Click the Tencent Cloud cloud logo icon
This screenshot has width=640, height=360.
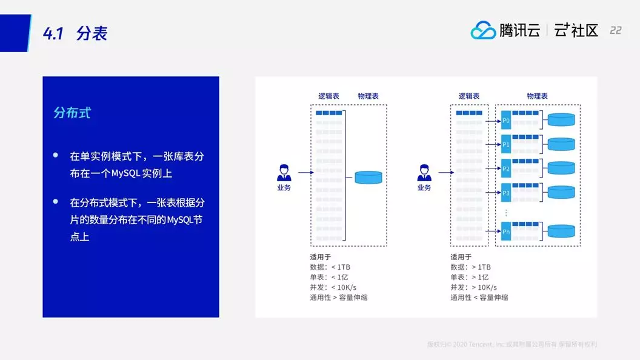pos(483,30)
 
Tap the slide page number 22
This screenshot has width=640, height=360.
pos(615,30)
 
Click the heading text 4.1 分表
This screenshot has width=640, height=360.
pos(75,33)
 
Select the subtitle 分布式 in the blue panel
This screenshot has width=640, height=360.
pos(72,113)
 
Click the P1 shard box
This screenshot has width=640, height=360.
pos(506,145)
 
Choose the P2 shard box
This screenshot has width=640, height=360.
pos(506,168)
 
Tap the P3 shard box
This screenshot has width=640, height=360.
pos(506,193)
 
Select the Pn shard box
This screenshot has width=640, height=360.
pos(506,232)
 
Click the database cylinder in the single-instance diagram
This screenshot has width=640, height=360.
pos(368,177)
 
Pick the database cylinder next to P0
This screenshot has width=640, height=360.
pos(561,119)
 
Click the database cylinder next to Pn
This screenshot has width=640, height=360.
pos(561,230)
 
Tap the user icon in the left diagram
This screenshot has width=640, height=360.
pos(284,173)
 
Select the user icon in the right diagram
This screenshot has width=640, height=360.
pos(424,173)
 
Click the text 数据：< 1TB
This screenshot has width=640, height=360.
pos(330,267)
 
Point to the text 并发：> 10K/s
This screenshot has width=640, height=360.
pos(473,287)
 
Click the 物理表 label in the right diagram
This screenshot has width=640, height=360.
pos(537,96)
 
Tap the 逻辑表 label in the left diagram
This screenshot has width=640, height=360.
pos(329,96)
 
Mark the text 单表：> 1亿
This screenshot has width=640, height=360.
pos(470,277)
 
